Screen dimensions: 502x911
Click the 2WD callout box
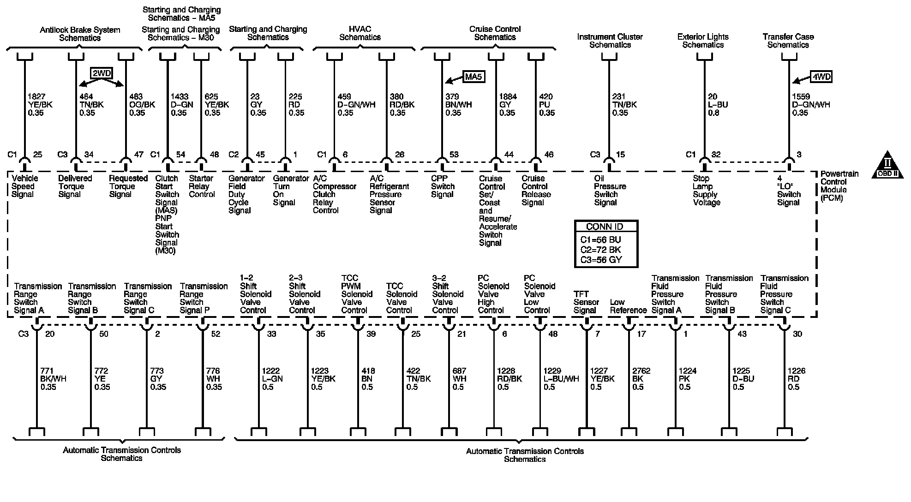[x=102, y=73]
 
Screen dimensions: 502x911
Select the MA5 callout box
[x=473, y=77]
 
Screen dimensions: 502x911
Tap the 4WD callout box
[x=821, y=77]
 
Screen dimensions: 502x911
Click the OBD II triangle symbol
[x=887, y=166]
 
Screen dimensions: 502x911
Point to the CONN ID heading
[x=605, y=227]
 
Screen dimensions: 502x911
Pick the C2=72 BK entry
[x=600, y=250]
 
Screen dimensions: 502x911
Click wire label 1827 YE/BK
[x=40, y=105]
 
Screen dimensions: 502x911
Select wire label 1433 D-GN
[x=181, y=105]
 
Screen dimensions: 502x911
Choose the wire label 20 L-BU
[x=718, y=105]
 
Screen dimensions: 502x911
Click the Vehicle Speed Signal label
[x=24, y=186]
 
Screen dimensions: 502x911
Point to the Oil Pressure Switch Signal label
[x=609, y=191]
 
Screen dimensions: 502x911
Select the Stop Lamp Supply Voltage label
[x=706, y=191]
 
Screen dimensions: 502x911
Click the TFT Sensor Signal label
[x=586, y=302]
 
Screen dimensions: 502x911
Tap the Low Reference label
[x=628, y=306]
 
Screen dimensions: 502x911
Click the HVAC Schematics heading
[x=360, y=33]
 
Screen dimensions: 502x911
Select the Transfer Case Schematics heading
[x=788, y=41]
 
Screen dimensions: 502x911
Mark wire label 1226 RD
[x=796, y=379]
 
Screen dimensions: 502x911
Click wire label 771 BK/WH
[x=53, y=379]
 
